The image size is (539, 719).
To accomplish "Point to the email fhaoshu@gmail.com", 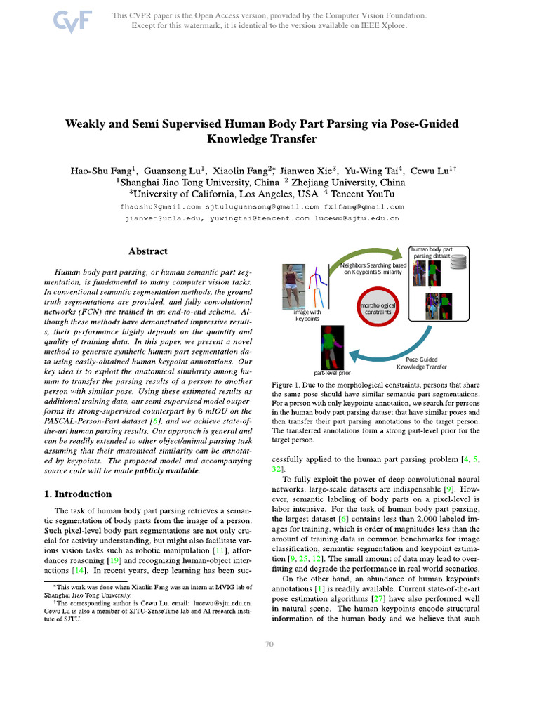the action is pyautogui.click(x=161, y=206).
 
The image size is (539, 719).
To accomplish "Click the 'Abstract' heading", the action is pyautogui.click(x=147, y=251).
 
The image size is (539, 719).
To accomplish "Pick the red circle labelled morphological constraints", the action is pyautogui.click(x=378, y=309).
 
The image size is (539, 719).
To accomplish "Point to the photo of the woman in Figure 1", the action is pyautogui.click(x=290, y=286).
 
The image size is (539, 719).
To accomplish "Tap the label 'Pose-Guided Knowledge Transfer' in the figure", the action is pyautogui.click(x=422, y=362).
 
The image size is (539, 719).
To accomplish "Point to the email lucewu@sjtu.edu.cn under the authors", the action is pyautogui.click(x=357, y=218).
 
